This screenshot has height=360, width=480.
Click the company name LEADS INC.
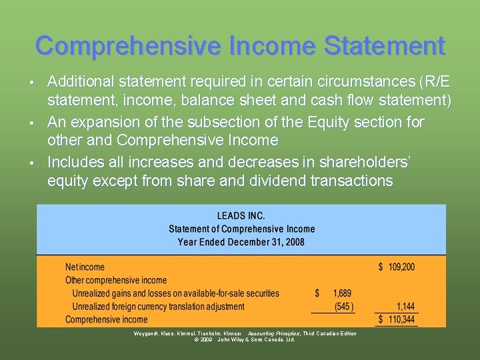coord(241,216)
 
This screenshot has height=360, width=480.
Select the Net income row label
coord(85,267)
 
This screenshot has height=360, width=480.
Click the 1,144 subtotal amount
coord(405,307)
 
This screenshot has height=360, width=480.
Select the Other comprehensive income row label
coord(116,281)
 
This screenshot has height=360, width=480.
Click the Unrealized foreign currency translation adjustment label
coord(158,307)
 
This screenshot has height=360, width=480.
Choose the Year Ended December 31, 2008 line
coord(241,241)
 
